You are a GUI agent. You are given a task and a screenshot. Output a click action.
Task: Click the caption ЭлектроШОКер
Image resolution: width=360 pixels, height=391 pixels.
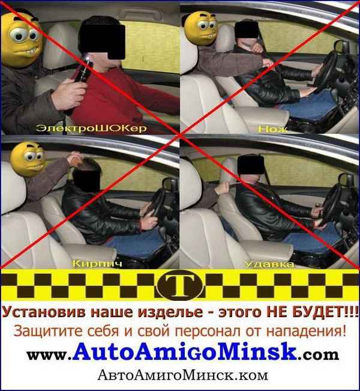(91, 128)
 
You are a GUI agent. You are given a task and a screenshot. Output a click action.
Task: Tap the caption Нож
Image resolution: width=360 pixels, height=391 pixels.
(273, 129)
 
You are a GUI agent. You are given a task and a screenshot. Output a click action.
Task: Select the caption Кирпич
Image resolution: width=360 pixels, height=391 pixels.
(97, 264)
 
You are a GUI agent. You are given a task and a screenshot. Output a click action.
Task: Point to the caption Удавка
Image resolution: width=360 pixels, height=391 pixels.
(269, 264)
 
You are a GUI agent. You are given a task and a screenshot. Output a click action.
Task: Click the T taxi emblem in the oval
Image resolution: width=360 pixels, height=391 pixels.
(180, 285)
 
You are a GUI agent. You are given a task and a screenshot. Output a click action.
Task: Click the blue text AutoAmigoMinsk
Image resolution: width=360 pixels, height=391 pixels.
(185, 352)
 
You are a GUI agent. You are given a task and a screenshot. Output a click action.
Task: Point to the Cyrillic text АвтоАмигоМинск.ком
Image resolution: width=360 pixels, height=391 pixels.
(182, 375)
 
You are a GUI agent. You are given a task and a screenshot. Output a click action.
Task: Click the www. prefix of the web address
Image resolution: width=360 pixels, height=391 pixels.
(49, 355)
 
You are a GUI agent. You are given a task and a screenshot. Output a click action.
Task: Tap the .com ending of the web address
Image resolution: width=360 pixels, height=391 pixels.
(318, 354)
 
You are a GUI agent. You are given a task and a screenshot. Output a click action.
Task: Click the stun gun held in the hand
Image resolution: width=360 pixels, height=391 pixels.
(80, 80)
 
